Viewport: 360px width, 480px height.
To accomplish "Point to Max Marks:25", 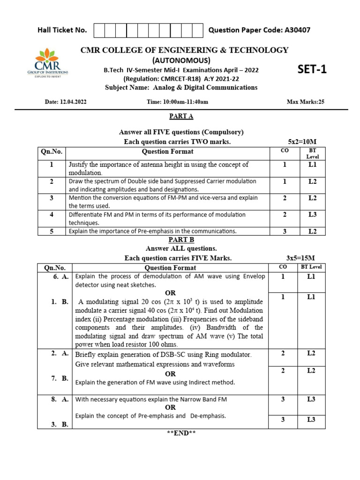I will pyautogui.click(x=305, y=102).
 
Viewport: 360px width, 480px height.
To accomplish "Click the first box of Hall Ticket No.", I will pyautogui.click(x=100, y=30).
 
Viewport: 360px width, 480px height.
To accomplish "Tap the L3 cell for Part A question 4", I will pyautogui.click(x=312, y=215).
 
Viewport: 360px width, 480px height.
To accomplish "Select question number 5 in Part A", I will pyautogui.click(x=52, y=231).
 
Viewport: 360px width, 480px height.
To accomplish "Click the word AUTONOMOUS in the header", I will pyautogui.click(x=181, y=60).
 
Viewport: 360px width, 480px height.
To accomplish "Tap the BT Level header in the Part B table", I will pyautogui.click(x=311, y=267).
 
